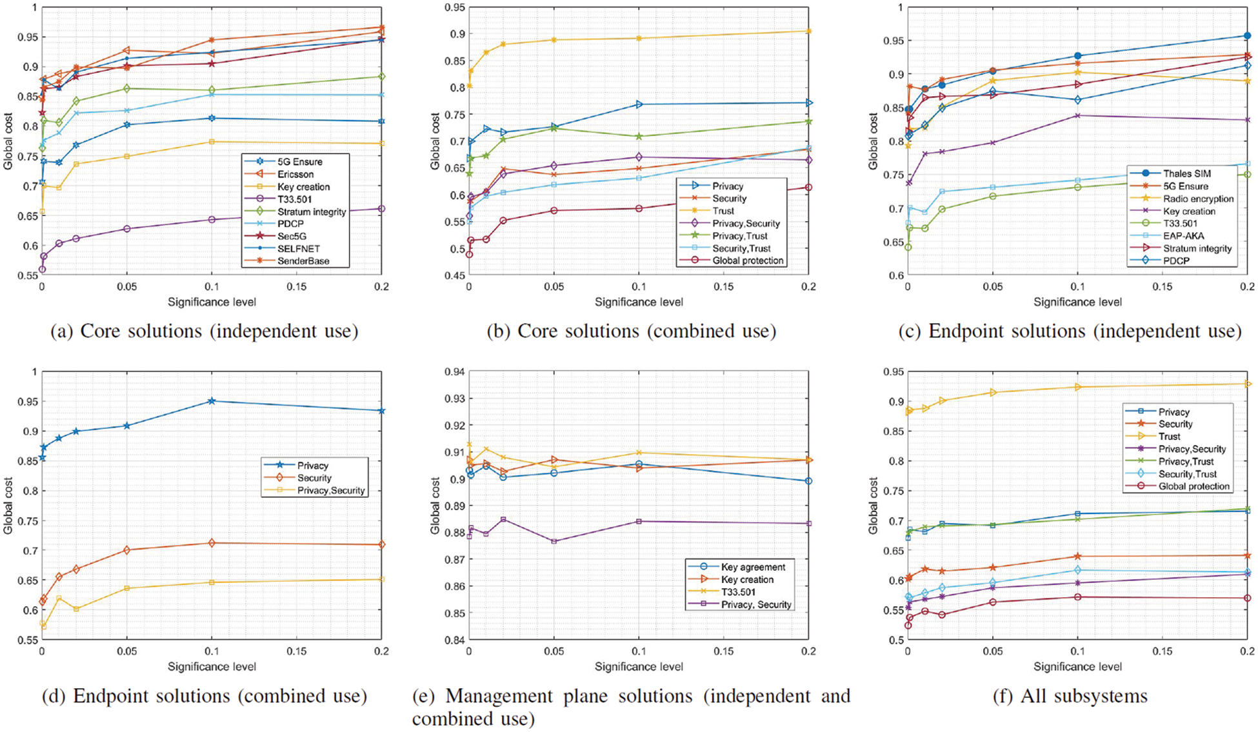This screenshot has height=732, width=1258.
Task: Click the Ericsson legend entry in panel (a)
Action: click(295, 174)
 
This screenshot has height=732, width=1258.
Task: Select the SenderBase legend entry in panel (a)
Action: click(303, 261)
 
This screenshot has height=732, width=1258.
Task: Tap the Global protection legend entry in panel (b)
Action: click(748, 261)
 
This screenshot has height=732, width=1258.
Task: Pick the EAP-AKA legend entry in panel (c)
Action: click(1184, 236)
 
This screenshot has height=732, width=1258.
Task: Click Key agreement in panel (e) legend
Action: click(753, 567)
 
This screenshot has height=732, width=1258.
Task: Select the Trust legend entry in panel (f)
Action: click(1169, 437)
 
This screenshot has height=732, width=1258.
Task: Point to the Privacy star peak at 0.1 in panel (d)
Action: click(212, 401)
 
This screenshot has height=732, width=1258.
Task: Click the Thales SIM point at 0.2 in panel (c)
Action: click(1247, 36)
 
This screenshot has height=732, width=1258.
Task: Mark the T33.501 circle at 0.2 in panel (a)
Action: click(381, 208)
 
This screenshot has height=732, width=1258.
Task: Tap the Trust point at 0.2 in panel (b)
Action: click(809, 31)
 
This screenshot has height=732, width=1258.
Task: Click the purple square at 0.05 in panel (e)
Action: click(554, 541)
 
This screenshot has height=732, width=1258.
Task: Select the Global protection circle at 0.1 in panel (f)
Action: click(1077, 597)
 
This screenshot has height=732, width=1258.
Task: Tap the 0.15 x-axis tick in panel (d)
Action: click(296, 651)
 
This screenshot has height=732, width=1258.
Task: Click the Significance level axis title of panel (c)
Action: click(1077, 302)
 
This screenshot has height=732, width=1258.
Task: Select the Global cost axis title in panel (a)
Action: click(8, 142)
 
